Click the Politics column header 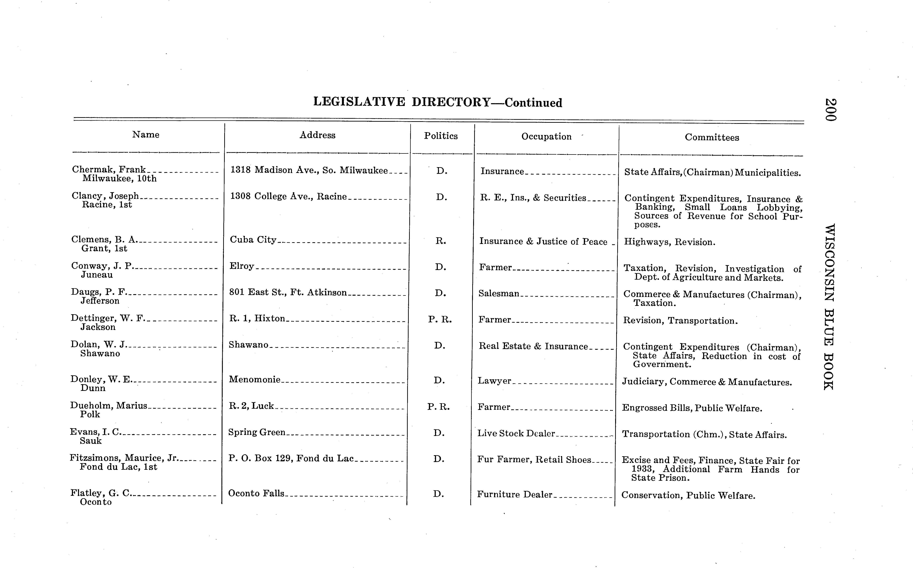(441, 136)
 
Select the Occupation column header (546, 137)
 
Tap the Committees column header (712, 137)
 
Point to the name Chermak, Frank (109, 169)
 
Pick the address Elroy (242, 266)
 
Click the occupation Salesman (499, 293)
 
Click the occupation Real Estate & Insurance (533, 346)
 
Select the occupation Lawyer (494, 381)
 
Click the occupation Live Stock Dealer (516, 433)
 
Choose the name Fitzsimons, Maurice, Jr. (123, 458)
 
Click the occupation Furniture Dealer (514, 494)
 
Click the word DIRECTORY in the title (451, 102)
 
